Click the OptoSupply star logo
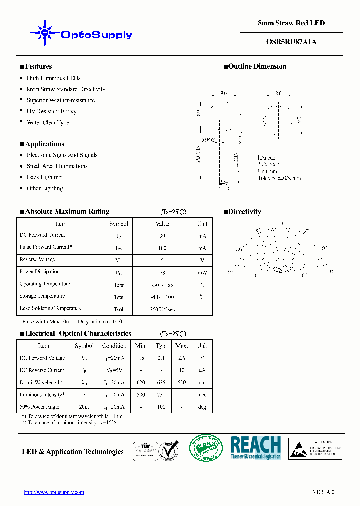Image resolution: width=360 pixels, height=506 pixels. point(45,33)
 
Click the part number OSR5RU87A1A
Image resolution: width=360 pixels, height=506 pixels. point(291,42)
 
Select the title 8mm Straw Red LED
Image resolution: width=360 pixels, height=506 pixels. point(291,23)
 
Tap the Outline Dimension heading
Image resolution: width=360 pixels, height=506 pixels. point(257,67)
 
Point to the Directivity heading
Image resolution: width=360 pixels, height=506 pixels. point(244,212)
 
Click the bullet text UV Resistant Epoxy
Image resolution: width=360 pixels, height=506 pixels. point(51,111)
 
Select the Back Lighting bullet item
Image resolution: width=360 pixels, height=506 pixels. point(44,177)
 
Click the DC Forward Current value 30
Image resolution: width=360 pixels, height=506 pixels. point(162,236)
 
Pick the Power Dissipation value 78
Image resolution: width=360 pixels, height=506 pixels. point(162,272)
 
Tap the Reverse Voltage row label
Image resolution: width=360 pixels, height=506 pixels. point(37,260)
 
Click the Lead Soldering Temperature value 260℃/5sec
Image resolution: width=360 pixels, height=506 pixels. point(162,309)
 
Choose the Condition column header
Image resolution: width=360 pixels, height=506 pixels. point(114,346)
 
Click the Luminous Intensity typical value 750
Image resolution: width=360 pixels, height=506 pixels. point(161,395)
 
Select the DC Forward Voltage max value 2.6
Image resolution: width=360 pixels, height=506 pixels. point(182,358)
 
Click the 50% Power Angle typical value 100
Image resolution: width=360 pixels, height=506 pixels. point(161,407)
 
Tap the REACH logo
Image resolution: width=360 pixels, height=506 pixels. point(255,447)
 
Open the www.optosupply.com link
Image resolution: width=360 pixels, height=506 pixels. point(54,492)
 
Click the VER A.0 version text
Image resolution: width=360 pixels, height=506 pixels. point(324,492)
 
